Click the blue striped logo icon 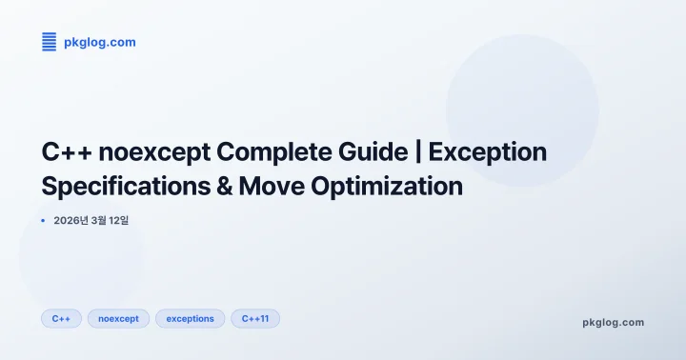pyautogui.click(x=50, y=41)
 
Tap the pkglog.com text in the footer pyautogui.click(x=613, y=322)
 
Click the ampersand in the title pyautogui.click(x=225, y=186)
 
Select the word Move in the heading pyautogui.click(x=272, y=186)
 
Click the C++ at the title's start pyautogui.click(x=67, y=152)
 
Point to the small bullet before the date pyautogui.click(x=44, y=220)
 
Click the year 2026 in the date pyautogui.click(x=68, y=220)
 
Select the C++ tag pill pyautogui.click(x=61, y=318)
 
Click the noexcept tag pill pyautogui.click(x=118, y=318)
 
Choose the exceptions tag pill pyautogui.click(x=190, y=318)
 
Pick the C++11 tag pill pyautogui.click(x=254, y=318)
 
